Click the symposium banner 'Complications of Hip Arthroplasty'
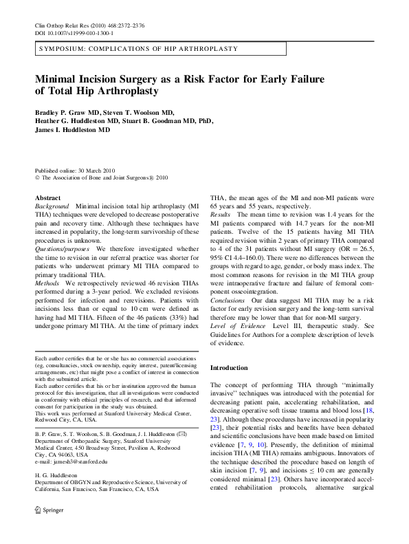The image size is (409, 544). pyautogui.click(x=137, y=50)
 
